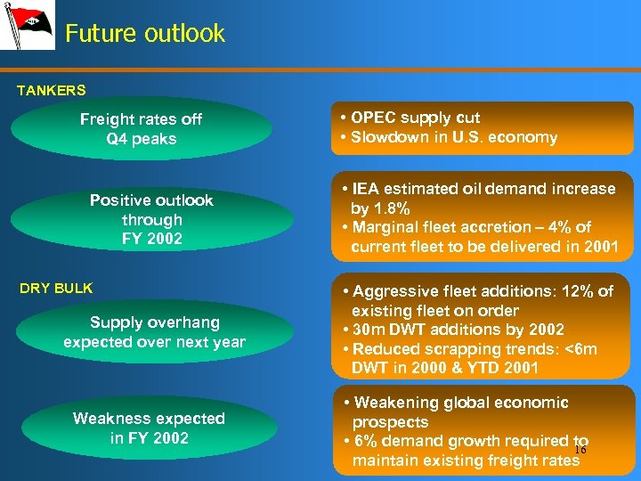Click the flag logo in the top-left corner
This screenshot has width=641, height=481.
point(27,26)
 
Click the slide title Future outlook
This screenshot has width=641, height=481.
point(144,34)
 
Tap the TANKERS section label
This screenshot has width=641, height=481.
point(52,90)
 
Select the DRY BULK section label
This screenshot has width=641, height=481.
point(56,289)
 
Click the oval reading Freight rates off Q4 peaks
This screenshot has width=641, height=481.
point(141,129)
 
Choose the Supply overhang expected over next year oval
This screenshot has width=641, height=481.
point(154,331)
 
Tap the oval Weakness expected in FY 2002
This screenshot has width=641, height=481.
point(149,428)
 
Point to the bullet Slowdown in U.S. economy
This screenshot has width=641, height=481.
point(453,137)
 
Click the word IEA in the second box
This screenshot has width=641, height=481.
point(366,189)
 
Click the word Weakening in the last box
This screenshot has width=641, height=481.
point(398,403)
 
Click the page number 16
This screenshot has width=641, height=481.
point(580,450)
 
